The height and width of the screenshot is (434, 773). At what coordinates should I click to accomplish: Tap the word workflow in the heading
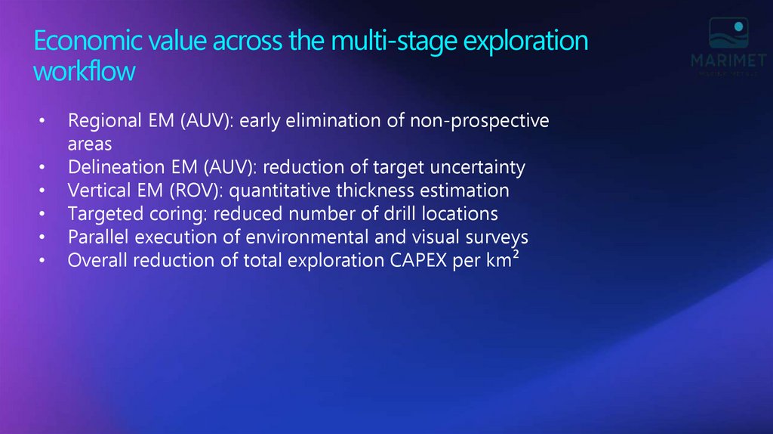[x=85, y=72]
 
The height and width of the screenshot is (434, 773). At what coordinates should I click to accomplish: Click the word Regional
[x=103, y=121]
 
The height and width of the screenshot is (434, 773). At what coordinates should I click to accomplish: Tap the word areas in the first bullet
[x=90, y=144]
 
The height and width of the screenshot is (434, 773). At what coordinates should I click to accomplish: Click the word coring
[x=165, y=214]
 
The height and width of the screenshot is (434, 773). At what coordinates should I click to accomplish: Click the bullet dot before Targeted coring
[x=43, y=215]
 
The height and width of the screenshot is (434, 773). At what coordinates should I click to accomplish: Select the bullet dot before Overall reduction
[x=43, y=262]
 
